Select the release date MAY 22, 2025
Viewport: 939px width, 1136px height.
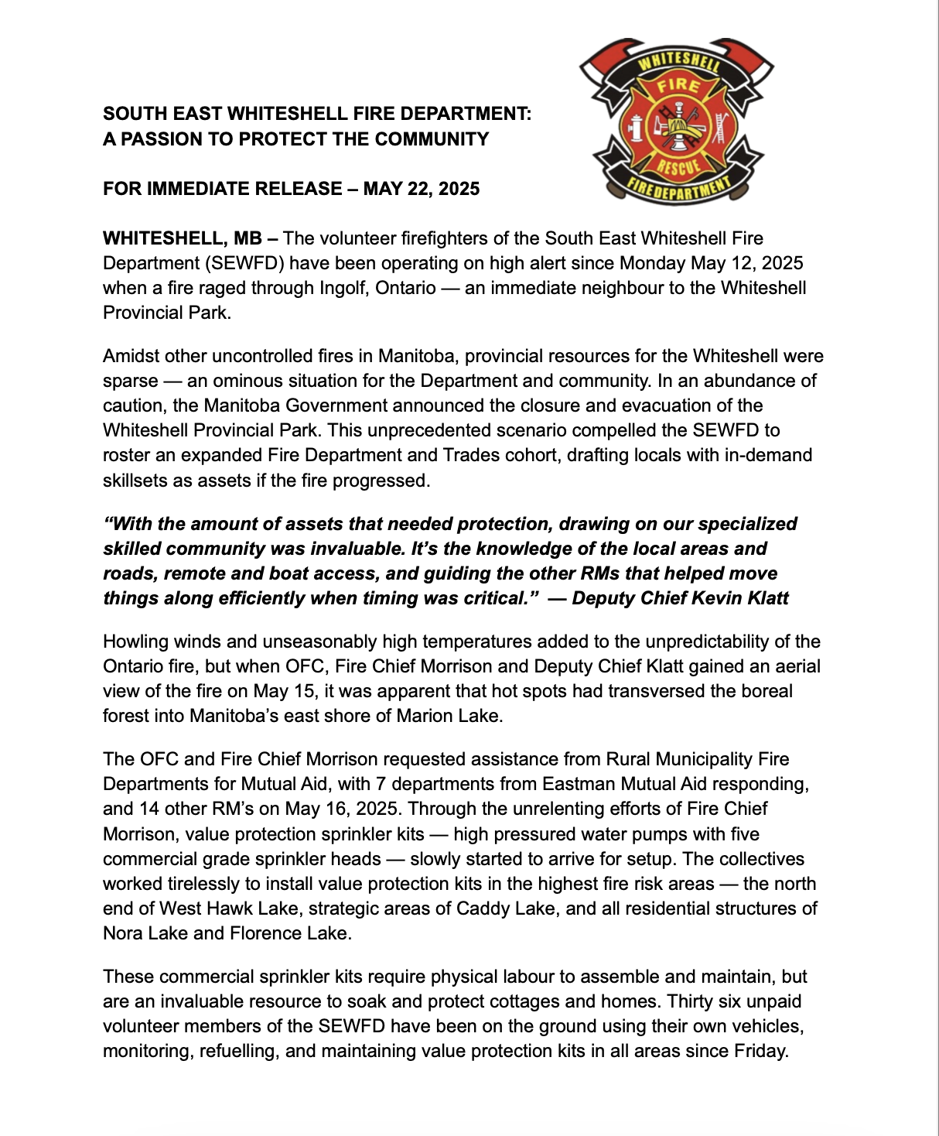click(422, 189)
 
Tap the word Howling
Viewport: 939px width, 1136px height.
click(136, 642)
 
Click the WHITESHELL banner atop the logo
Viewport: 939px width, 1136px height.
click(678, 63)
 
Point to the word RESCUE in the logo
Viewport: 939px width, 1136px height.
click(678, 165)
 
